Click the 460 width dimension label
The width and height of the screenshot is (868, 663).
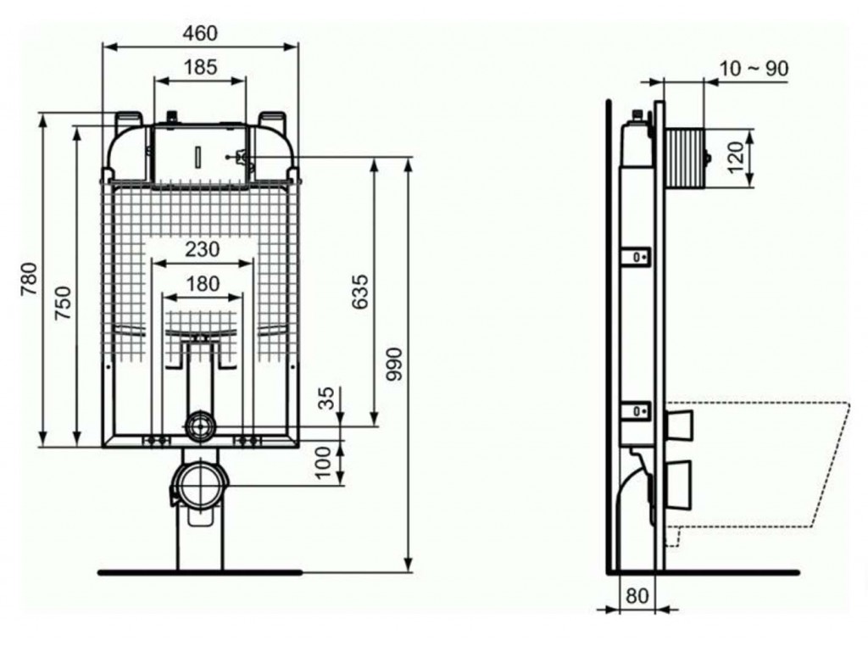(200, 33)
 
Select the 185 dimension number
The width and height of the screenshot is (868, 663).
(200, 67)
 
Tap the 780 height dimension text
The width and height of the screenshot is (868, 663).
(29, 279)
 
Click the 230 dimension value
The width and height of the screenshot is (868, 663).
(202, 249)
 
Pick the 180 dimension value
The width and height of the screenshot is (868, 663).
(202, 283)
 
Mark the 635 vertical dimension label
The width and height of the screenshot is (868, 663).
(359, 292)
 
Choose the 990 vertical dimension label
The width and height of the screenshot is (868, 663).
(394, 364)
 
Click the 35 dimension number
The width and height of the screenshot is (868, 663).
(328, 398)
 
